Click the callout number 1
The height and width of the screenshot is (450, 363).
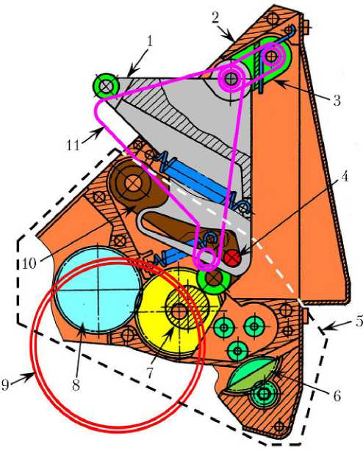coord(149,42)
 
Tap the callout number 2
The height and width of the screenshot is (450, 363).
coord(215,18)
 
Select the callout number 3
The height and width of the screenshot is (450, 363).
coord(337,101)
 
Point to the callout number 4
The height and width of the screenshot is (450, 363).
coord(345,176)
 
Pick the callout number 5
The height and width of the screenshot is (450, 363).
coord(359,321)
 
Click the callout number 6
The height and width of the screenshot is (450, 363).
coord(337,396)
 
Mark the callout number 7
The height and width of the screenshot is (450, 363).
coord(150,372)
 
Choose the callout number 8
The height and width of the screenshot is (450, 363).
coord(76,385)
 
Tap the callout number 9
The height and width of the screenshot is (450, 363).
coord(5,385)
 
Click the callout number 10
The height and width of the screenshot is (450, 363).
coord(29,264)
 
